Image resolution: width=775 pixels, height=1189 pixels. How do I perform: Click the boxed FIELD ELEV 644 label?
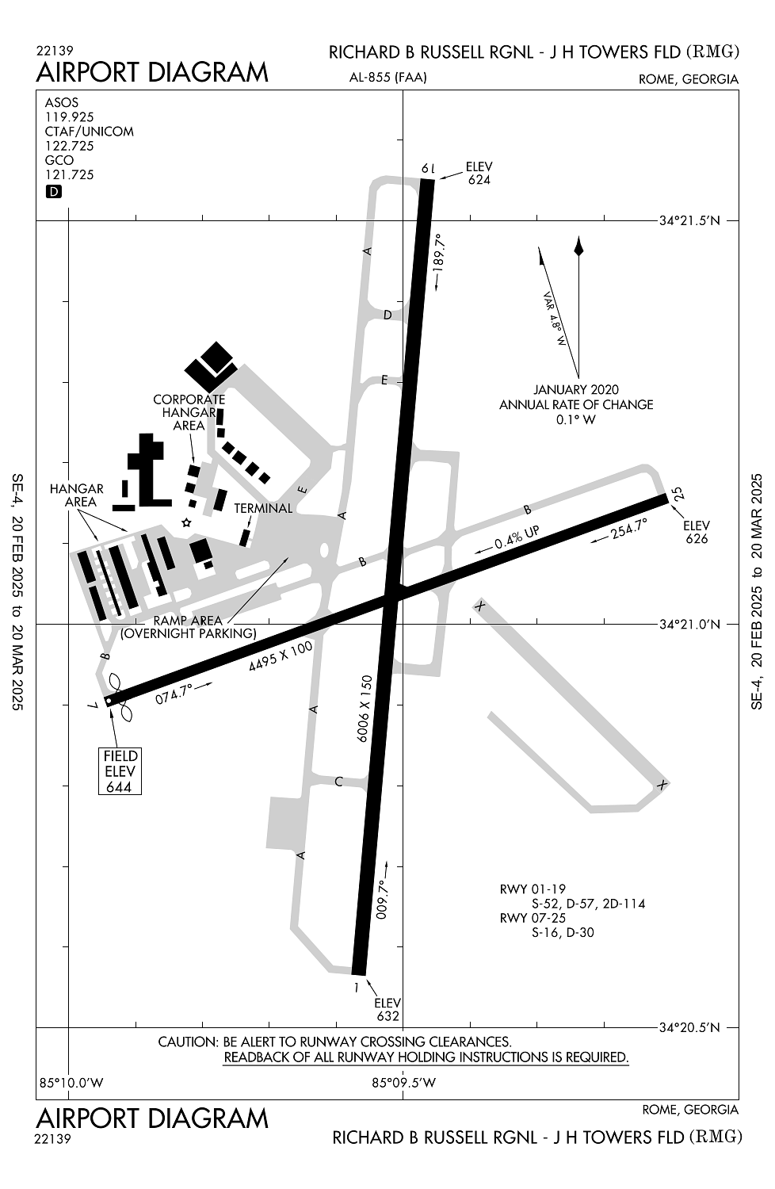[120, 771]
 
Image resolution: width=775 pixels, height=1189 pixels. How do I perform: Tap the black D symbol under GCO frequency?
[54, 192]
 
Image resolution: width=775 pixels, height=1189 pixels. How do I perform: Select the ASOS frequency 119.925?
[70, 117]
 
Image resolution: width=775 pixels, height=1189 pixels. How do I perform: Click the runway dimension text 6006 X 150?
[365, 708]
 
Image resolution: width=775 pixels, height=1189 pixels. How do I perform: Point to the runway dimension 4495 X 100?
[281, 656]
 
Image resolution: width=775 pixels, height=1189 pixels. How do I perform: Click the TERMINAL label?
[263, 508]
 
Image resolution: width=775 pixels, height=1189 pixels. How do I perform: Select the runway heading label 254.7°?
[629, 529]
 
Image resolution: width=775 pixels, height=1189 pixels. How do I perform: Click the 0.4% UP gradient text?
[517, 537]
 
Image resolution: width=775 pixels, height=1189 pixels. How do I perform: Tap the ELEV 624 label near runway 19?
[479, 173]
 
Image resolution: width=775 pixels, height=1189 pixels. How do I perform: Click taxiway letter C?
[338, 782]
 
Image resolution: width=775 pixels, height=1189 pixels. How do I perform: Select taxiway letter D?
[387, 315]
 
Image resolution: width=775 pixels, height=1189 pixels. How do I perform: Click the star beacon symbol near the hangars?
[186, 523]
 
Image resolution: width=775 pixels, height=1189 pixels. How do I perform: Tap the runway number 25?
[678, 494]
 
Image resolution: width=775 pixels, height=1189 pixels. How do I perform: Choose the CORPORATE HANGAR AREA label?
[189, 412]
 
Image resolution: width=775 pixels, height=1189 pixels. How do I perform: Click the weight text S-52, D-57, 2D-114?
[589, 904]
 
